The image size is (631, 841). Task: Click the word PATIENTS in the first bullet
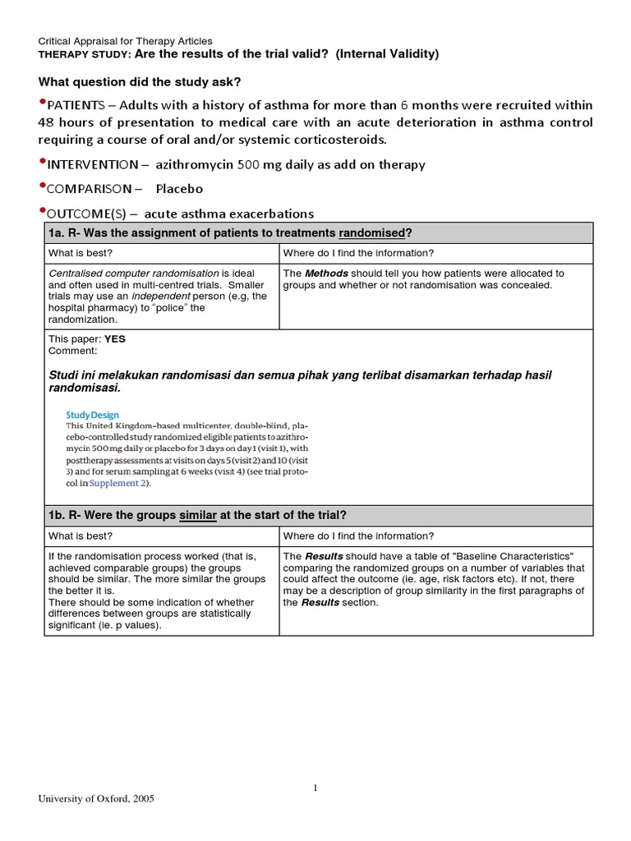point(76,106)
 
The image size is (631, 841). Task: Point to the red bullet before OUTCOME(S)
point(43,212)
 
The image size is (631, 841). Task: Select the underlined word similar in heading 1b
point(198,515)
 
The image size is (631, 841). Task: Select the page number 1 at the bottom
point(315,788)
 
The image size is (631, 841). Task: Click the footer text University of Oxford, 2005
point(96,798)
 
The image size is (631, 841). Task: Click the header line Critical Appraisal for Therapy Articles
point(126,41)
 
